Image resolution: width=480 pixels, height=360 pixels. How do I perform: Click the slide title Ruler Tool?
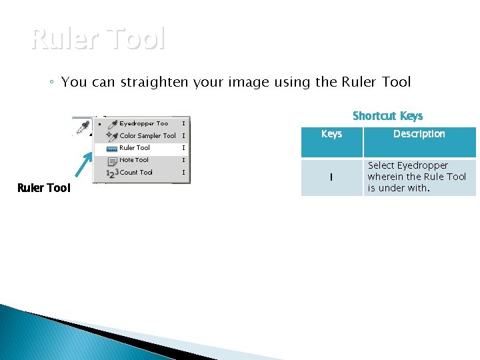(x=97, y=40)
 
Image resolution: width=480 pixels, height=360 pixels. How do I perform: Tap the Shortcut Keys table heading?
(x=387, y=116)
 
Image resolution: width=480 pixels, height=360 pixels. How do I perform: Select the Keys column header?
(x=331, y=134)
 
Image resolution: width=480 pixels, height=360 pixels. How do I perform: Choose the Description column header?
(x=419, y=134)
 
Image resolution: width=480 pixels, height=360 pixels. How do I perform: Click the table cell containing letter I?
(x=331, y=177)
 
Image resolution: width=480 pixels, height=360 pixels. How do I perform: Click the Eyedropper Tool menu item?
(x=143, y=123)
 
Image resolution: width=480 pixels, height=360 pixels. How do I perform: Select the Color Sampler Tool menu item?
(x=147, y=136)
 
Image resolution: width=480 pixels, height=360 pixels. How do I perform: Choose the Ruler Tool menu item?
(x=135, y=148)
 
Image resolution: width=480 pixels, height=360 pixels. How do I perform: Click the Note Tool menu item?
(x=134, y=160)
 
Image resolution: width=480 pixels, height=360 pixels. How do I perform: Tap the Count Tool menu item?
(x=136, y=172)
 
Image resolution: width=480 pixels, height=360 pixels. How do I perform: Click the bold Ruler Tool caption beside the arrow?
(x=43, y=188)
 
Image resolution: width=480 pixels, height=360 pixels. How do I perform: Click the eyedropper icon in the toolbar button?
(x=83, y=126)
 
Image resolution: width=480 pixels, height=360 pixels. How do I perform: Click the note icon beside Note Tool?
(x=112, y=160)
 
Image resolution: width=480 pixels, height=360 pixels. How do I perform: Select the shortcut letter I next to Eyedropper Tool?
(x=183, y=123)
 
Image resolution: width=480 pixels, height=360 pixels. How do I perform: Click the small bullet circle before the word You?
(x=51, y=83)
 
